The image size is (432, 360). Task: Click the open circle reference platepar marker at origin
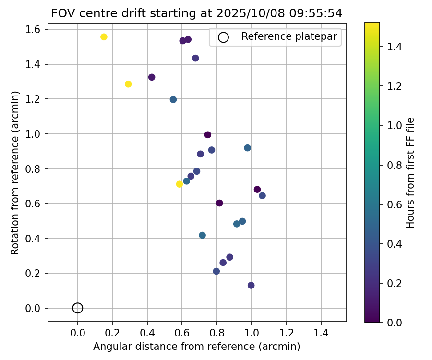click(x=78, y=308)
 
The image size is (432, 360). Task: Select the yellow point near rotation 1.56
click(x=104, y=37)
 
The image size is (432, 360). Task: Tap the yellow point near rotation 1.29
click(x=128, y=84)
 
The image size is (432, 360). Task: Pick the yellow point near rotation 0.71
click(x=180, y=184)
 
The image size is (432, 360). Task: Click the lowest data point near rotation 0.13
click(x=251, y=286)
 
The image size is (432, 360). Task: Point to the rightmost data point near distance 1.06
click(x=262, y=196)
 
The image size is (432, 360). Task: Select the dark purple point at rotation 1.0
click(x=208, y=135)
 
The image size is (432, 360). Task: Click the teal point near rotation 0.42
click(x=202, y=235)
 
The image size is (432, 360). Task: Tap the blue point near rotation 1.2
click(x=173, y=100)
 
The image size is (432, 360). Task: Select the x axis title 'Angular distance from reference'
click(x=197, y=347)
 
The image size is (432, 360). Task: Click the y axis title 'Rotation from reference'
click(x=15, y=173)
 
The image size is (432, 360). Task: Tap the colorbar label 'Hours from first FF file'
click(x=410, y=173)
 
